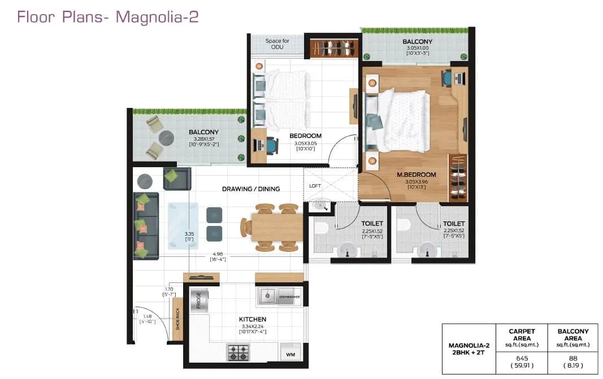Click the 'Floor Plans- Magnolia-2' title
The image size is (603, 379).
107,16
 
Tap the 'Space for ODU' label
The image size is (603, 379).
277,44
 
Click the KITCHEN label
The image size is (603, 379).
252,320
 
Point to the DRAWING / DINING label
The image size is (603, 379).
251,189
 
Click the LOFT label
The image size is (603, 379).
315,185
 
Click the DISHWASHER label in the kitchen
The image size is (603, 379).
289,297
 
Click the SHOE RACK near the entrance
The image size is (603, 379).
177,319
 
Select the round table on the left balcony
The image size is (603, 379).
167,138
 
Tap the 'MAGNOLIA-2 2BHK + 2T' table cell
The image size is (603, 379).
468,349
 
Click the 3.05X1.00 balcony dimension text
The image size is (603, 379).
418,48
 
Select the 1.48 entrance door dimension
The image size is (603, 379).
147,316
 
